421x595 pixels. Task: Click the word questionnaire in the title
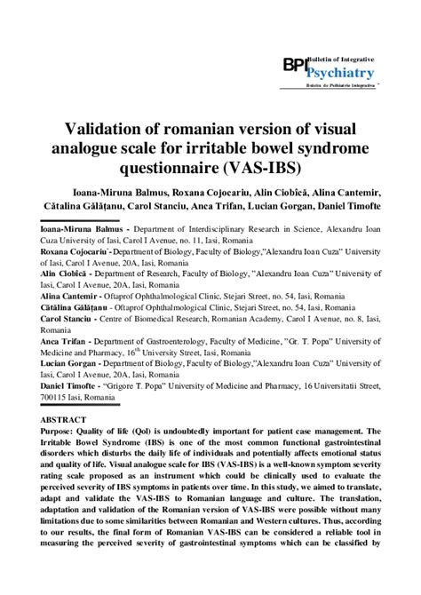(183, 167)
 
